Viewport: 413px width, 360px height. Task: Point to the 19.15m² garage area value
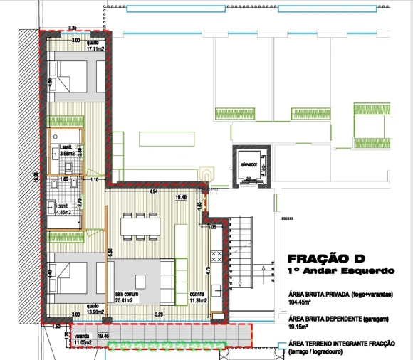(300, 329)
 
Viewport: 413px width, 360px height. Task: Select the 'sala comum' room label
(126, 292)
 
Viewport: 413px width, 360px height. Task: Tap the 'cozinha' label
(197, 292)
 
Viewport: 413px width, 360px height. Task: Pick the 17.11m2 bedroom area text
(95, 50)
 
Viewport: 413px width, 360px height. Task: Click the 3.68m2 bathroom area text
(68, 153)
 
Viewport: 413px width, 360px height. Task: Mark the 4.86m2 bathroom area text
(68, 211)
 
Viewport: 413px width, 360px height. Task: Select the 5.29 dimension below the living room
(158, 314)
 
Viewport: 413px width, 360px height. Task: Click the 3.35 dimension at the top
(72, 28)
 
